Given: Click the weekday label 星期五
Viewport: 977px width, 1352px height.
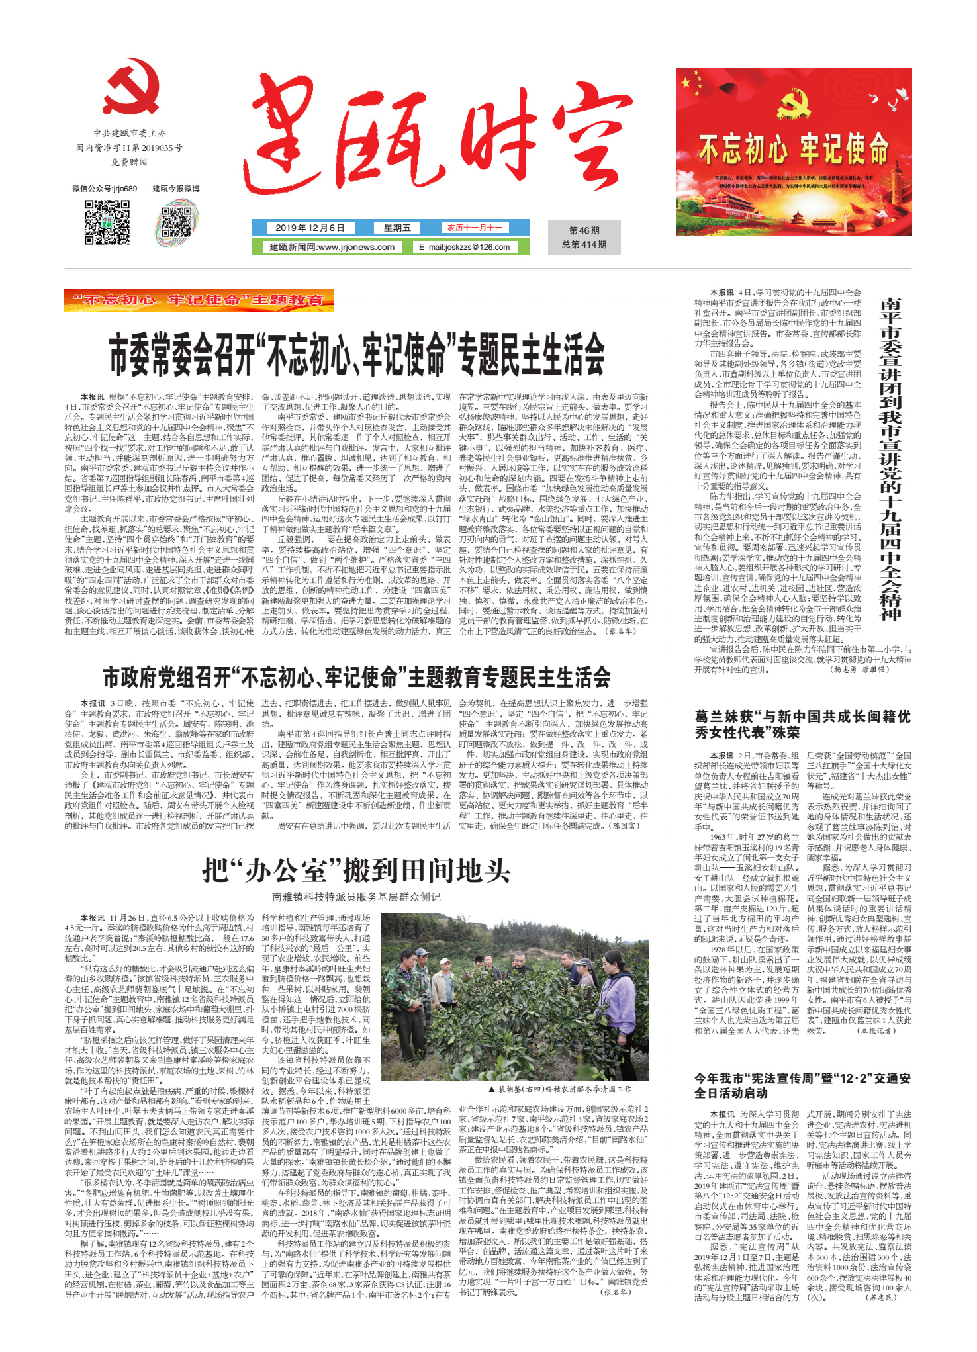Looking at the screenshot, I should pos(397,228).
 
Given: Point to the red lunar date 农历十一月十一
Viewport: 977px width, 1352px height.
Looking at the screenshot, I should pos(475,228).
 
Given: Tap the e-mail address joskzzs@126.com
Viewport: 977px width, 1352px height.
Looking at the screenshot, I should pos(464,247).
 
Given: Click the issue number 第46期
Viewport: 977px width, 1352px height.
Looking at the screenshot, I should pos(584,230).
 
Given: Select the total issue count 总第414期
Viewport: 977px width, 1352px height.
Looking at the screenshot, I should pos(584,244).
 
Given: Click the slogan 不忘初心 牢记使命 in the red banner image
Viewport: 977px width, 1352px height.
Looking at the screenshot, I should pos(794,148).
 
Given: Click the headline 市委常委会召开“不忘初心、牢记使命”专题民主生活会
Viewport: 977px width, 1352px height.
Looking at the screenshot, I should pos(357,354).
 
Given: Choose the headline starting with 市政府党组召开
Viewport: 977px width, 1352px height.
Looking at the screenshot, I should pos(357,677).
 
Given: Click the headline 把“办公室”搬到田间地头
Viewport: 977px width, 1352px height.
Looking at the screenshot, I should pos(357,870).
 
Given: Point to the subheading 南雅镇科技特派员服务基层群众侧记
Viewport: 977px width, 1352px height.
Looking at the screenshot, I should pos(357,897).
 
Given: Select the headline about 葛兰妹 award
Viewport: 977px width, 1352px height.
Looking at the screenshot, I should pos(802,724).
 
